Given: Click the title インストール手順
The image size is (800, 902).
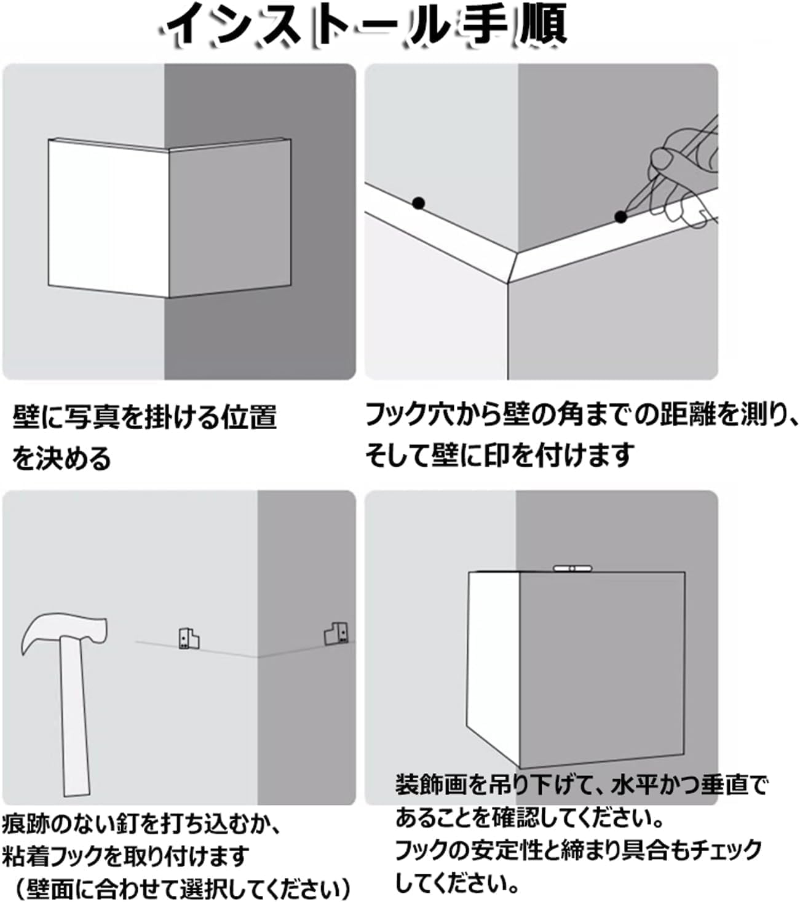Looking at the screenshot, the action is pyautogui.click(x=363, y=25).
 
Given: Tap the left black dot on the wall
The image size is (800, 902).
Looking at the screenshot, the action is pyautogui.click(x=418, y=203).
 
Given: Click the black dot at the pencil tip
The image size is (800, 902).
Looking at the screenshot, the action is pyautogui.click(x=620, y=217).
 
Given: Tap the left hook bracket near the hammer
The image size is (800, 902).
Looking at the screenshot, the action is pyautogui.click(x=189, y=639).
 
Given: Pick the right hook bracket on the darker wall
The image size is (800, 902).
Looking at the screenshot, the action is pyautogui.click(x=336, y=633).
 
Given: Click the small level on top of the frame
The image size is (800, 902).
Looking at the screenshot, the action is pyautogui.click(x=572, y=569).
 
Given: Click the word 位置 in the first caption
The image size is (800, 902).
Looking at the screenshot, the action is pyautogui.click(x=249, y=417).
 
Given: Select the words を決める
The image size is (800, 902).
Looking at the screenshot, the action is pyautogui.click(x=61, y=458).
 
